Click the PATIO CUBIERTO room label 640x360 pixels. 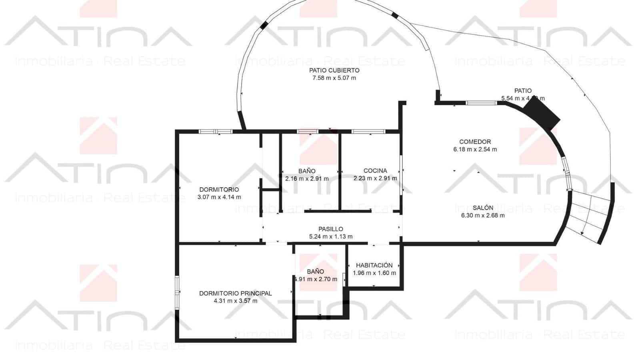[334, 70]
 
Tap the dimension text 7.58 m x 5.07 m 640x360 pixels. [334, 78]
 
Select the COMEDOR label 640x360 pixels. [475, 142]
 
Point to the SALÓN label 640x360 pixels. [483, 208]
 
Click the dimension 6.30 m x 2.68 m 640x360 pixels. [483, 215]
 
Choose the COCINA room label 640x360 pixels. [375, 171]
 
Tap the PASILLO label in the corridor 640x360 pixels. [330, 229]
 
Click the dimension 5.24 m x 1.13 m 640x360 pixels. [330, 236]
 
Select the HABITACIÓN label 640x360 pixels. [374, 265]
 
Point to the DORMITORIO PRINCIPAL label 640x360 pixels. [235, 293]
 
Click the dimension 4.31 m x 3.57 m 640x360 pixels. [235, 301]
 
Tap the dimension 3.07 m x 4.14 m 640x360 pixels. [219, 197]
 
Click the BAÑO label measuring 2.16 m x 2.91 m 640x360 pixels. [307, 171]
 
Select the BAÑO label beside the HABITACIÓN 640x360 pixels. [315, 272]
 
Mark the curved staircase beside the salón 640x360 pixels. [590, 216]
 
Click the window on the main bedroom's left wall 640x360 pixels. [177, 293]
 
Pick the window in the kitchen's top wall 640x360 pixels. [368, 131]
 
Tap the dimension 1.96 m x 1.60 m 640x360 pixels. [374, 273]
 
